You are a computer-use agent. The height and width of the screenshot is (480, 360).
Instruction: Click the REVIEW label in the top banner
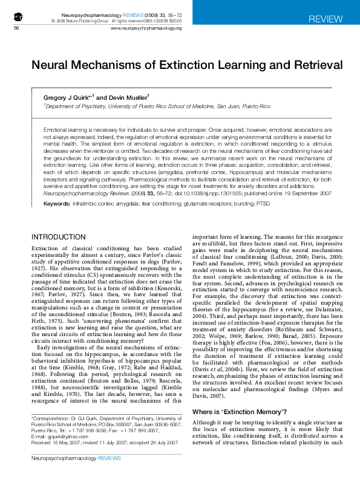click(x=325, y=19)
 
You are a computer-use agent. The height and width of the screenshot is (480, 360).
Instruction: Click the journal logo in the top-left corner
click(x=18, y=16)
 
